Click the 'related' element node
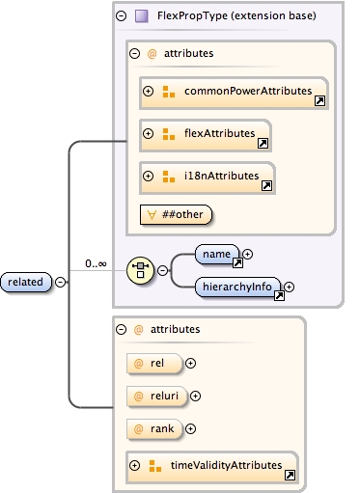pyautogui.click(x=27, y=282)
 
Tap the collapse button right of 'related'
pyautogui.click(x=61, y=282)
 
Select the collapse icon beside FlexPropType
pyautogui.click(x=121, y=15)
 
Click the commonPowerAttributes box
pyautogui.click(x=235, y=92)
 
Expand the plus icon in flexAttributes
pyautogui.click(x=149, y=134)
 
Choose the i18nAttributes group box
pyautogui.click(x=208, y=177)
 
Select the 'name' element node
pyautogui.click(x=218, y=254)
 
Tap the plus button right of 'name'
pyautogui.click(x=248, y=254)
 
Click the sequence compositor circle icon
pyautogui.click(x=142, y=270)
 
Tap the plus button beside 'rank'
pyautogui.click(x=191, y=428)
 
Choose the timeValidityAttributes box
pyautogui.click(x=212, y=466)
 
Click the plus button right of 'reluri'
pyautogui.click(x=196, y=396)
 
